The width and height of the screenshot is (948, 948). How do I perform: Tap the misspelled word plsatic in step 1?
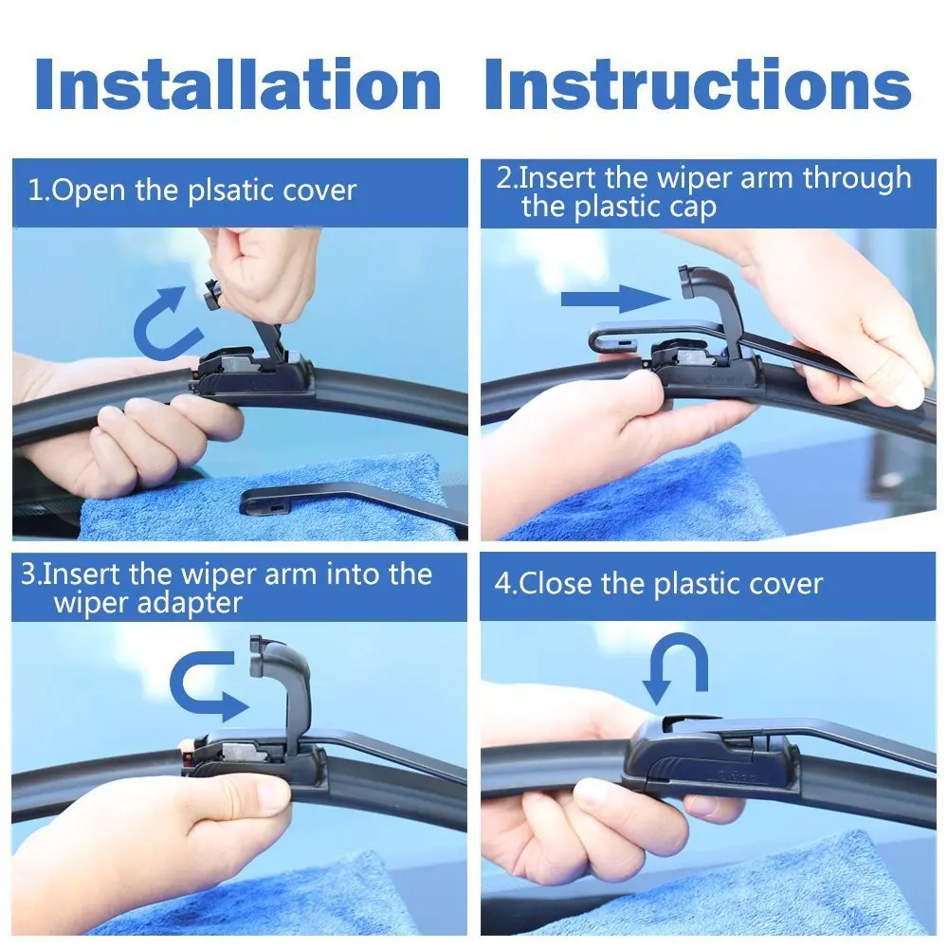[x=227, y=191]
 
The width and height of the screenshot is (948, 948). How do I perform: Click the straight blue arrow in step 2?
[x=615, y=301]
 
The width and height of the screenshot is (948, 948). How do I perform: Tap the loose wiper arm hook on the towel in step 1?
[x=284, y=500]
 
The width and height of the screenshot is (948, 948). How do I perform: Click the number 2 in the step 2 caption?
[x=504, y=178]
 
